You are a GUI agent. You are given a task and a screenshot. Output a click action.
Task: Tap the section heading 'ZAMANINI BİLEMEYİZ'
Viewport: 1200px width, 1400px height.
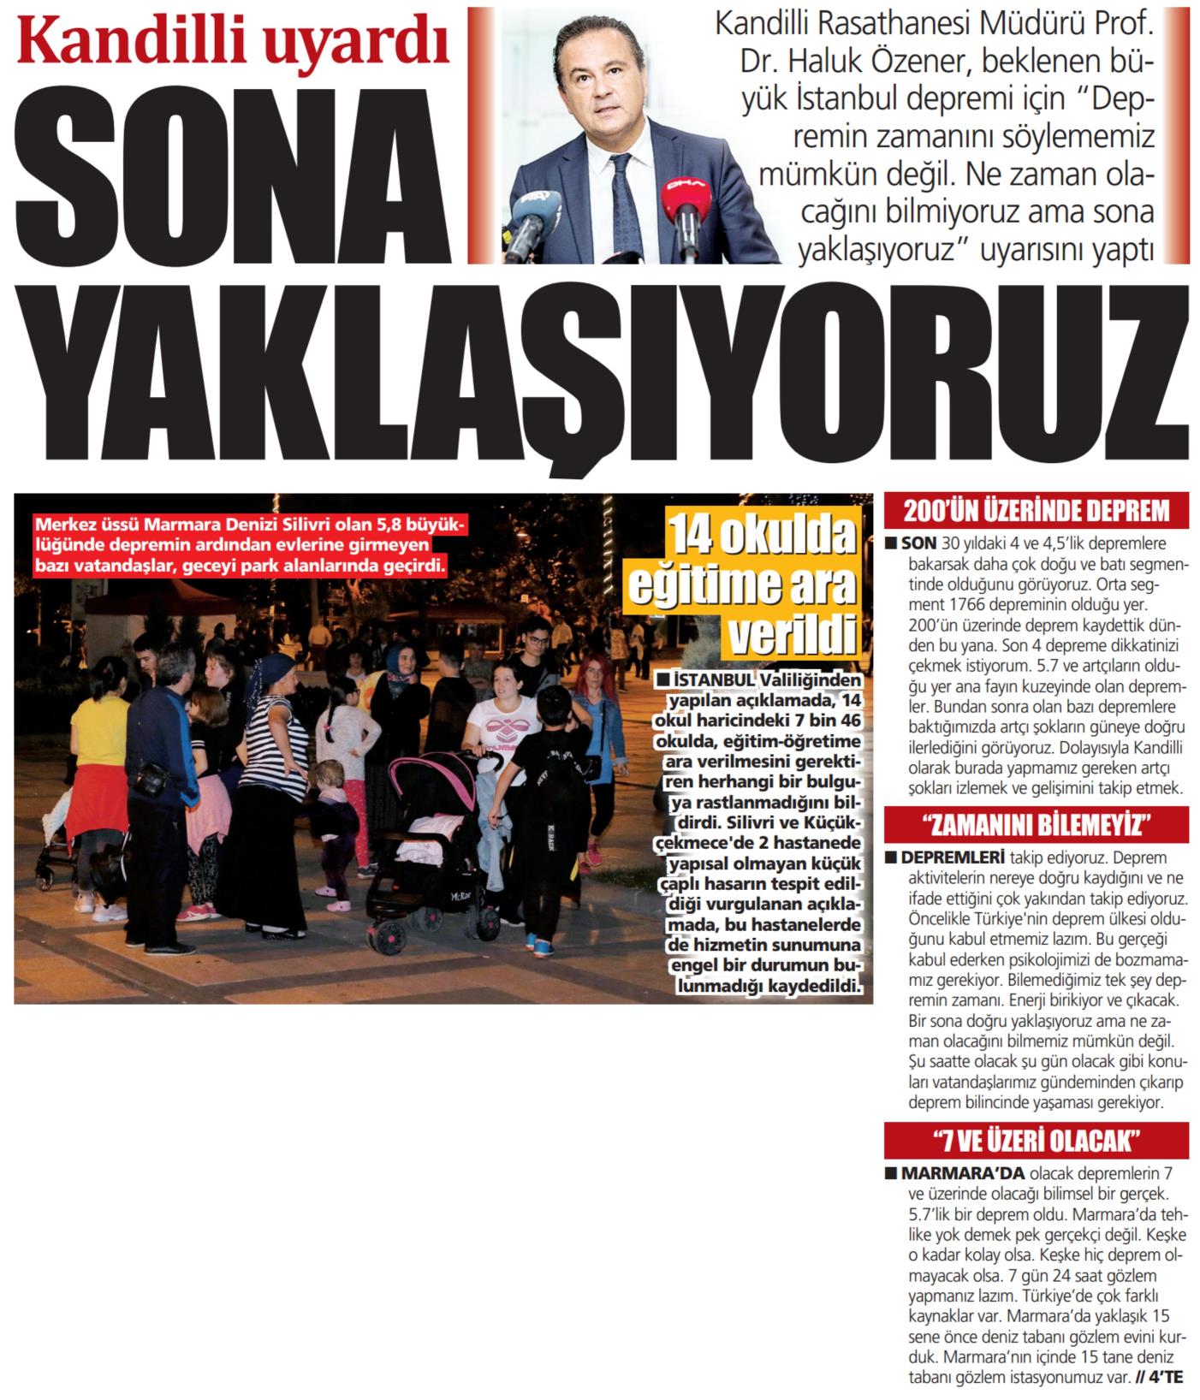coord(1037,827)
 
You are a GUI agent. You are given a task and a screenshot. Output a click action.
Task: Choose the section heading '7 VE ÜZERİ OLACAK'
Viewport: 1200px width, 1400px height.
coord(1037,1142)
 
